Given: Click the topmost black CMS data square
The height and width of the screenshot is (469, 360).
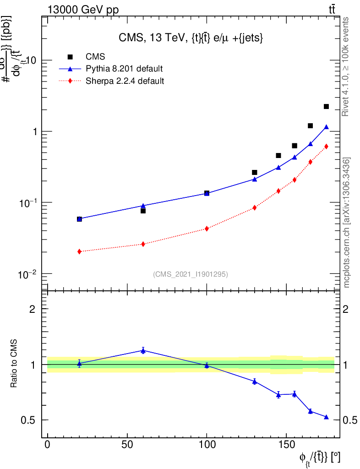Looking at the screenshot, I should (326, 106).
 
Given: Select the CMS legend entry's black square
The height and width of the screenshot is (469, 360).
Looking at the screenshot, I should (71, 57).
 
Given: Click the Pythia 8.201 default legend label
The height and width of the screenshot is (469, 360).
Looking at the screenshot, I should (124, 69).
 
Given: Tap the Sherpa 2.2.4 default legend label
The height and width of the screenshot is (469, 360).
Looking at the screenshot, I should (125, 81).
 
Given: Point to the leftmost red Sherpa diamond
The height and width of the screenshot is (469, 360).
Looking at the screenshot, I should (79, 251).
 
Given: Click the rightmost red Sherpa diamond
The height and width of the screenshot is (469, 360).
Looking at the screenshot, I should (326, 147).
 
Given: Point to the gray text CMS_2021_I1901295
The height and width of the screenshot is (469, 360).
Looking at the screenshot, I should (191, 274).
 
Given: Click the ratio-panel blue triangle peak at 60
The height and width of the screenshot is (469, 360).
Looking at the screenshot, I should (143, 350).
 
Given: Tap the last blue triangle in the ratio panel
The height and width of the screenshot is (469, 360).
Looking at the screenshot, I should (326, 417).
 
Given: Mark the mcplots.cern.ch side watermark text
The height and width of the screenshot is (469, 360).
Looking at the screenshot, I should (347, 223).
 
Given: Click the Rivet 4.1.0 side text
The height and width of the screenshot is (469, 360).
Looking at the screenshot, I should (347, 66).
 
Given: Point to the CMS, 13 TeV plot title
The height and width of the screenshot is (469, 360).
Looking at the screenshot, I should (191, 38).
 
